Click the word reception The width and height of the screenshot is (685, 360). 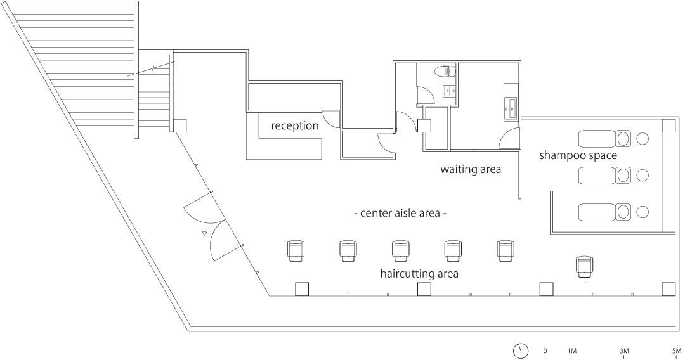pyautogui.click(x=295, y=126)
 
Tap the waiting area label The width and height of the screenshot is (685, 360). pyautogui.click(x=471, y=169)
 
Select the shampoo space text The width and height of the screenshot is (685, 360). pyautogui.click(x=578, y=155)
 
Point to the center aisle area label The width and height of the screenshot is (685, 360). pyautogui.click(x=400, y=214)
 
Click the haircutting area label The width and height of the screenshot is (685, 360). pyautogui.click(x=419, y=274)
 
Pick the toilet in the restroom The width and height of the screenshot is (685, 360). pyautogui.click(x=445, y=70)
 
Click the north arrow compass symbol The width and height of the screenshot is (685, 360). pyautogui.click(x=521, y=350)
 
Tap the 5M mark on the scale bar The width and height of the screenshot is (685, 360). pyautogui.click(x=677, y=351)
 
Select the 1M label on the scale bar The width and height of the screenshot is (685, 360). pyautogui.click(x=571, y=351)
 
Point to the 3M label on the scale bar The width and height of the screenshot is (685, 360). pyautogui.click(x=624, y=351)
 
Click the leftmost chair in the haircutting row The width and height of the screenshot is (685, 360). pyautogui.click(x=295, y=250)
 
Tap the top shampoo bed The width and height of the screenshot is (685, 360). pyautogui.click(x=604, y=139)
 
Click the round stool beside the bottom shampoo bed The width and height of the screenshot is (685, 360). pyautogui.click(x=642, y=212)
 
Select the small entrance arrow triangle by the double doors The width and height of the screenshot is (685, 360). pyautogui.click(x=204, y=234)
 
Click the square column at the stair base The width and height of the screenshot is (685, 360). pyautogui.click(x=180, y=125)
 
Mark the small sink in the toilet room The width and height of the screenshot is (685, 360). pyautogui.click(x=448, y=91)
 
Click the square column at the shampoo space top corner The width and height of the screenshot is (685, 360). pyautogui.click(x=669, y=125)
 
